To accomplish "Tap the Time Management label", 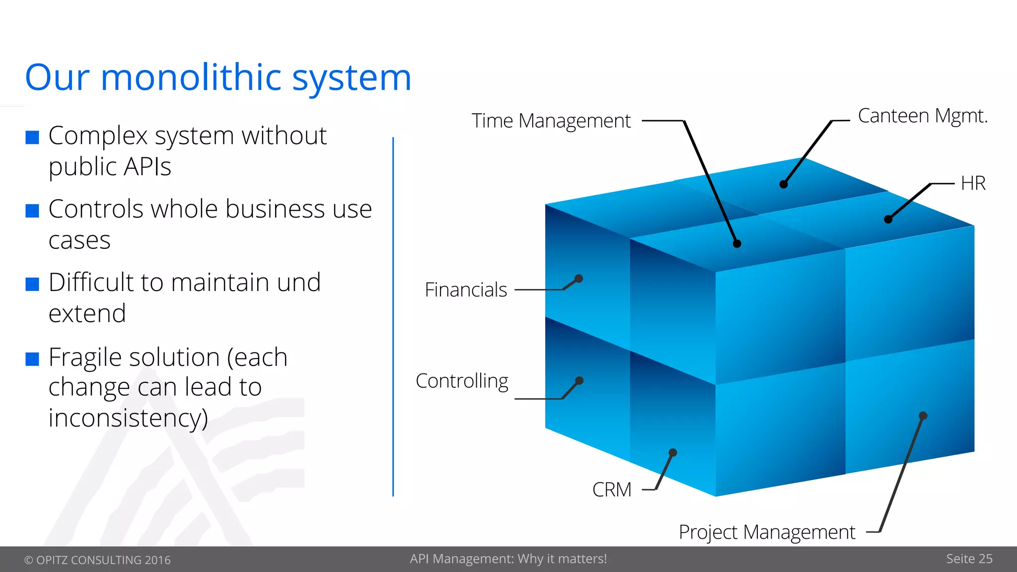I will [551, 121].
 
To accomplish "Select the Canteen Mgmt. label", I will [923, 116].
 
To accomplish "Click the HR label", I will [973, 183].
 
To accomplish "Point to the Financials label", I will [466, 290].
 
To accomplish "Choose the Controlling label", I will [462, 381].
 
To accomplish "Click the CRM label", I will [612, 490].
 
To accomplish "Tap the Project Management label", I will [767, 532].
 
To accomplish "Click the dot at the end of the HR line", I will [888, 219].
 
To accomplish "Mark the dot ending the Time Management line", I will [737, 243].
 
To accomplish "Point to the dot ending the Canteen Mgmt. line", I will [784, 184].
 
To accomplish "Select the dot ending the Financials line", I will [579, 279].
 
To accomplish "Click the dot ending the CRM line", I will [673, 452].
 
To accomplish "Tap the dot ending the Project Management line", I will [923, 416].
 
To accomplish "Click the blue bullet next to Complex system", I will [32, 138].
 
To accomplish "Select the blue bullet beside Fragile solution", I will [32, 359].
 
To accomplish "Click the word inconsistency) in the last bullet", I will [128, 418].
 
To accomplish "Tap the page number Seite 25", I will [969, 559].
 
